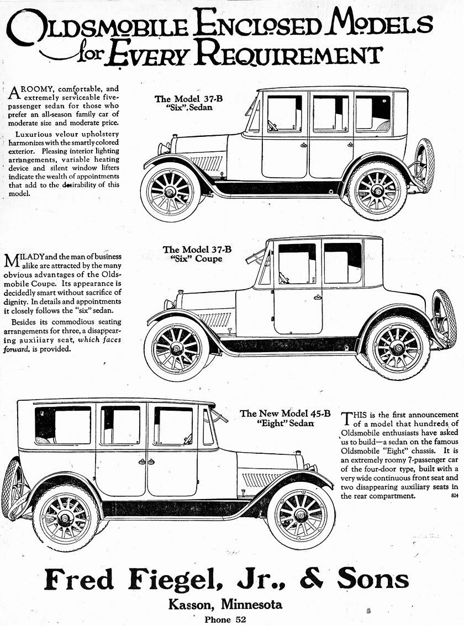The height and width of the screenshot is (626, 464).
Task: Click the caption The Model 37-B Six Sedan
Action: click(183, 103)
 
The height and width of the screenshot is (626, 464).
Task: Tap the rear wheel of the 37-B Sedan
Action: click(377, 190)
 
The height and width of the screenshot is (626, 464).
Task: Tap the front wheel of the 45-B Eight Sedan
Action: click(301, 515)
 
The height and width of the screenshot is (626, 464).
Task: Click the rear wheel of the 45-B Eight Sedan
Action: click(65, 518)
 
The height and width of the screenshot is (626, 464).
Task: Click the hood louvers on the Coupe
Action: click(214, 319)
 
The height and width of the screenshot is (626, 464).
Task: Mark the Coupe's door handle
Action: click(318, 297)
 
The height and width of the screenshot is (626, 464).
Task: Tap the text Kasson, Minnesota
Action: click(225, 604)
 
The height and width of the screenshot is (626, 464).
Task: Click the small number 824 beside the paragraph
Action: click(454, 496)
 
